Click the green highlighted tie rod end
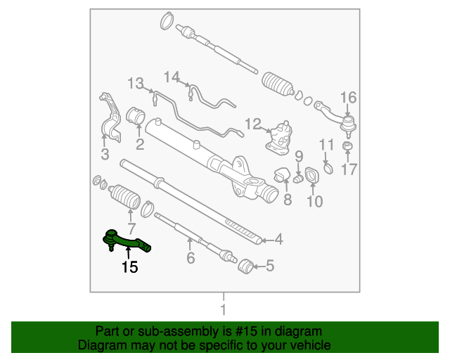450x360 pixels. click(127, 242)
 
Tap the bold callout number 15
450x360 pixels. click(129, 267)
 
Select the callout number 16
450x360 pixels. click(349, 98)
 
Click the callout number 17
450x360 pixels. click(349, 169)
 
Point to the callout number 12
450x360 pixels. click(253, 124)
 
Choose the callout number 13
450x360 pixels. click(136, 84)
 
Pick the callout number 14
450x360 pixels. click(172, 77)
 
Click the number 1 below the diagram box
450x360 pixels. click(224, 310)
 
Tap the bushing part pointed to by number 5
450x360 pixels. click(245, 266)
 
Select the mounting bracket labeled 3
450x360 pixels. click(110, 117)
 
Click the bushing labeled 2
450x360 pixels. click(136, 116)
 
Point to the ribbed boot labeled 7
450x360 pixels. click(124, 196)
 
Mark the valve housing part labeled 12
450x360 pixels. click(279, 138)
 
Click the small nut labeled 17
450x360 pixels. click(347, 146)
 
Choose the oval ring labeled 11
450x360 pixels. click(328, 169)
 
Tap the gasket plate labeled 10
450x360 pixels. click(311, 175)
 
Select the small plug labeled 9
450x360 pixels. click(298, 179)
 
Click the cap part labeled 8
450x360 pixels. click(282, 174)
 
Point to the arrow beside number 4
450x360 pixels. click(267, 240)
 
